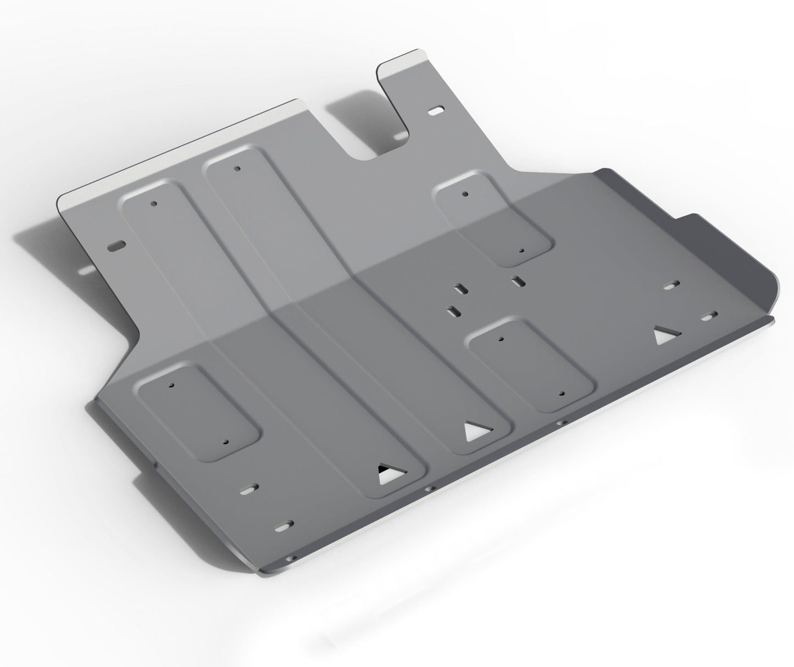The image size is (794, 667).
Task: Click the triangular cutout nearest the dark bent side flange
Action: pos(666,336)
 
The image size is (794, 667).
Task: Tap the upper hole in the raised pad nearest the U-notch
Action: pos(465,194)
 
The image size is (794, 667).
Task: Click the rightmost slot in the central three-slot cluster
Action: pos(516,282)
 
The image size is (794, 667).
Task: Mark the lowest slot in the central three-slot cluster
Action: pos(454,311)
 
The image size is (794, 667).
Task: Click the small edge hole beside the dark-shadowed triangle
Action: pos(427,489)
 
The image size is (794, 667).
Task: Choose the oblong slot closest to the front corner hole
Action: pos(285,525)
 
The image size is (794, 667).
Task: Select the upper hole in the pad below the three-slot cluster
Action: pos(499,339)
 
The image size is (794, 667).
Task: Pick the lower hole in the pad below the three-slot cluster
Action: pos(561,394)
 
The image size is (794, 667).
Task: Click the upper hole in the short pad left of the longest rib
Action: pos(172,386)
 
